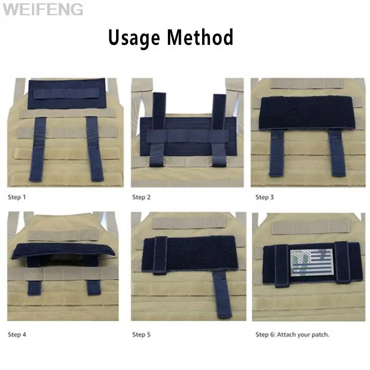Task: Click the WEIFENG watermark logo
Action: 43,9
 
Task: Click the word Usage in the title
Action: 134,38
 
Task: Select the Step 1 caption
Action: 17,197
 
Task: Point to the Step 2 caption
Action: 142,197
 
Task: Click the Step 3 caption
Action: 265,197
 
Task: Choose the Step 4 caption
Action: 17,334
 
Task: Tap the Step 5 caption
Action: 142,334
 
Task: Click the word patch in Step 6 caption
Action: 320,334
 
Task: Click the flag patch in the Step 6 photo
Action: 311,262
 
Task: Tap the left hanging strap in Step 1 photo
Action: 38,149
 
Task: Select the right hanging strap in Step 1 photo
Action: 95,148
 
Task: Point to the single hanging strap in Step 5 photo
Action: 222,295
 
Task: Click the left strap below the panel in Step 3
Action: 277,153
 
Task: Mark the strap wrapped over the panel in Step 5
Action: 160,256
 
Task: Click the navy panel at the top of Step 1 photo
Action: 67,94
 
